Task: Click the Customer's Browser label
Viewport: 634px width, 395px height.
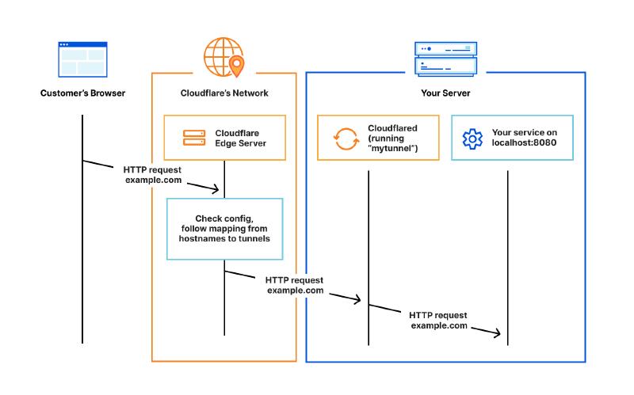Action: [x=82, y=93]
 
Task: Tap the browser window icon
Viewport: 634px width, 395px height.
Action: [x=82, y=59]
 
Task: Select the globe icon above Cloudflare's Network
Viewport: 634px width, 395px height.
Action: [x=221, y=55]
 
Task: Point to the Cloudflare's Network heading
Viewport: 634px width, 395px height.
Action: [x=224, y=93]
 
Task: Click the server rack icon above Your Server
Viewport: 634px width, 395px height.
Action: [x=445, y=58]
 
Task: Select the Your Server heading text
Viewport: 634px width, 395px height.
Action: [x=445, y=93]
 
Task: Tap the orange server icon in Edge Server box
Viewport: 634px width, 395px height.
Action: [x=193, y=138]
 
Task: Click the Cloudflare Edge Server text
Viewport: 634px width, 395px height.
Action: [x=240, y=138]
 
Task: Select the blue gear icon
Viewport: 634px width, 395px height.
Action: [x=472, y=139]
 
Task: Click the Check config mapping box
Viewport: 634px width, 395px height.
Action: [x=224, y=229]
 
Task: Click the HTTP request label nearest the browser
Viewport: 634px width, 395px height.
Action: [x=153, y=175]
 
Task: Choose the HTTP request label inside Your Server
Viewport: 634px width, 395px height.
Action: [x=439, y=320]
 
